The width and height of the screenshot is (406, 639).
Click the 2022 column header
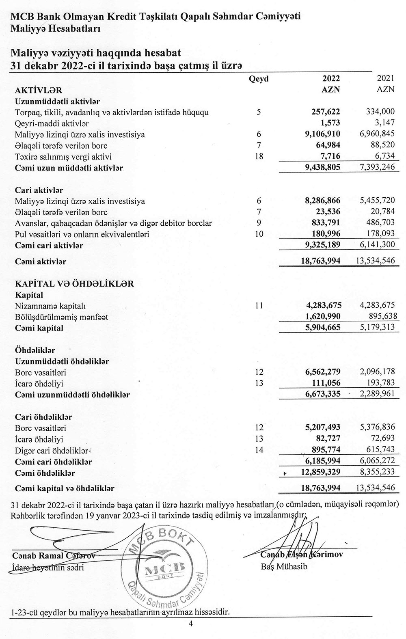[x=331, y=79]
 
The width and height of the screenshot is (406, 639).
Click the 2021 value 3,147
[x=384, y=123]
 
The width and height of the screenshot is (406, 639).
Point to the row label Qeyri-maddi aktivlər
[x=52, y=123]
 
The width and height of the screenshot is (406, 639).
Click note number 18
[x=259, y=157]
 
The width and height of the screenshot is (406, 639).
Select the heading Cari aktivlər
[x=39, y=190]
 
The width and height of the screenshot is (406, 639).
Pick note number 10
[x=259, y=234]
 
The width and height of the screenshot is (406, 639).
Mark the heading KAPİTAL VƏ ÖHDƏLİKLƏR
[x=74, y=284]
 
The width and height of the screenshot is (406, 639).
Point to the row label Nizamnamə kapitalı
[x=50, y=306]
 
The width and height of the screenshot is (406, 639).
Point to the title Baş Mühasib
[x=284, y=567]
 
